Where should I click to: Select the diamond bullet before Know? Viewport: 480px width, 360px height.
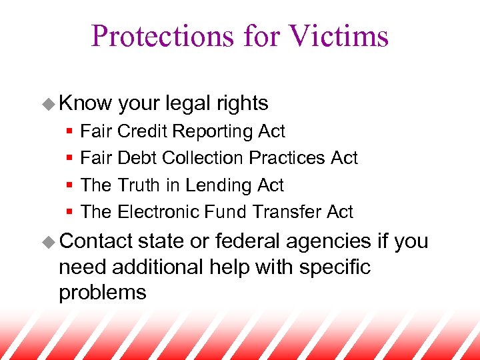coord(49,104)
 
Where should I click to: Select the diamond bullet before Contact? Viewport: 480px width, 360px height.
coord(49,242)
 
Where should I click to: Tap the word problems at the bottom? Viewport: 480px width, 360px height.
coord(102,293)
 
